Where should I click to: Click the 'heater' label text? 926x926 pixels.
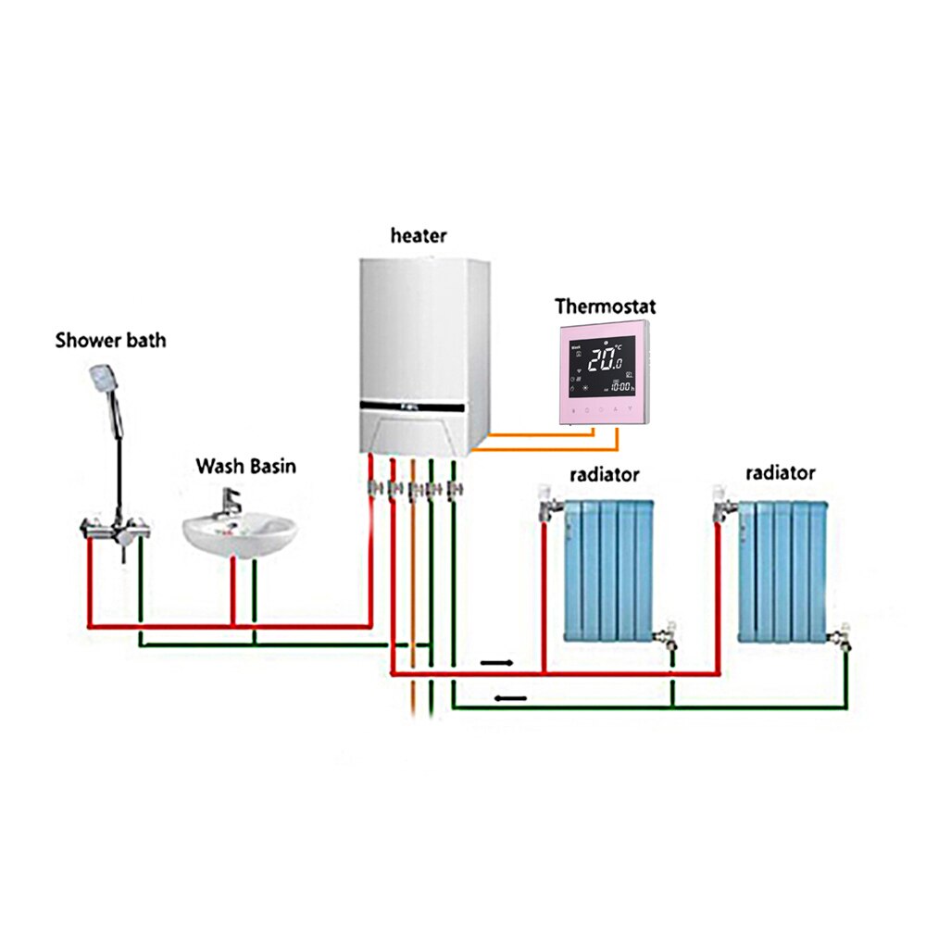click(418, 236)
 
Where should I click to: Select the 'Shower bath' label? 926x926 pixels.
click(110, 340)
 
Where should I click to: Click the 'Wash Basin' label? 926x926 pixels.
click(245, 466)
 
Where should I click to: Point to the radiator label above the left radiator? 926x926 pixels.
click(605, 475)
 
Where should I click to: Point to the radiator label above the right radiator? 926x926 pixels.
click(781, 473)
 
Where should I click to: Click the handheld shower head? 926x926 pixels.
click(102, 380)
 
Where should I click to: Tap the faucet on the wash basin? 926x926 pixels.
click(228, 505)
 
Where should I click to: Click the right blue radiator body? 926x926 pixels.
click(782, 569)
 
